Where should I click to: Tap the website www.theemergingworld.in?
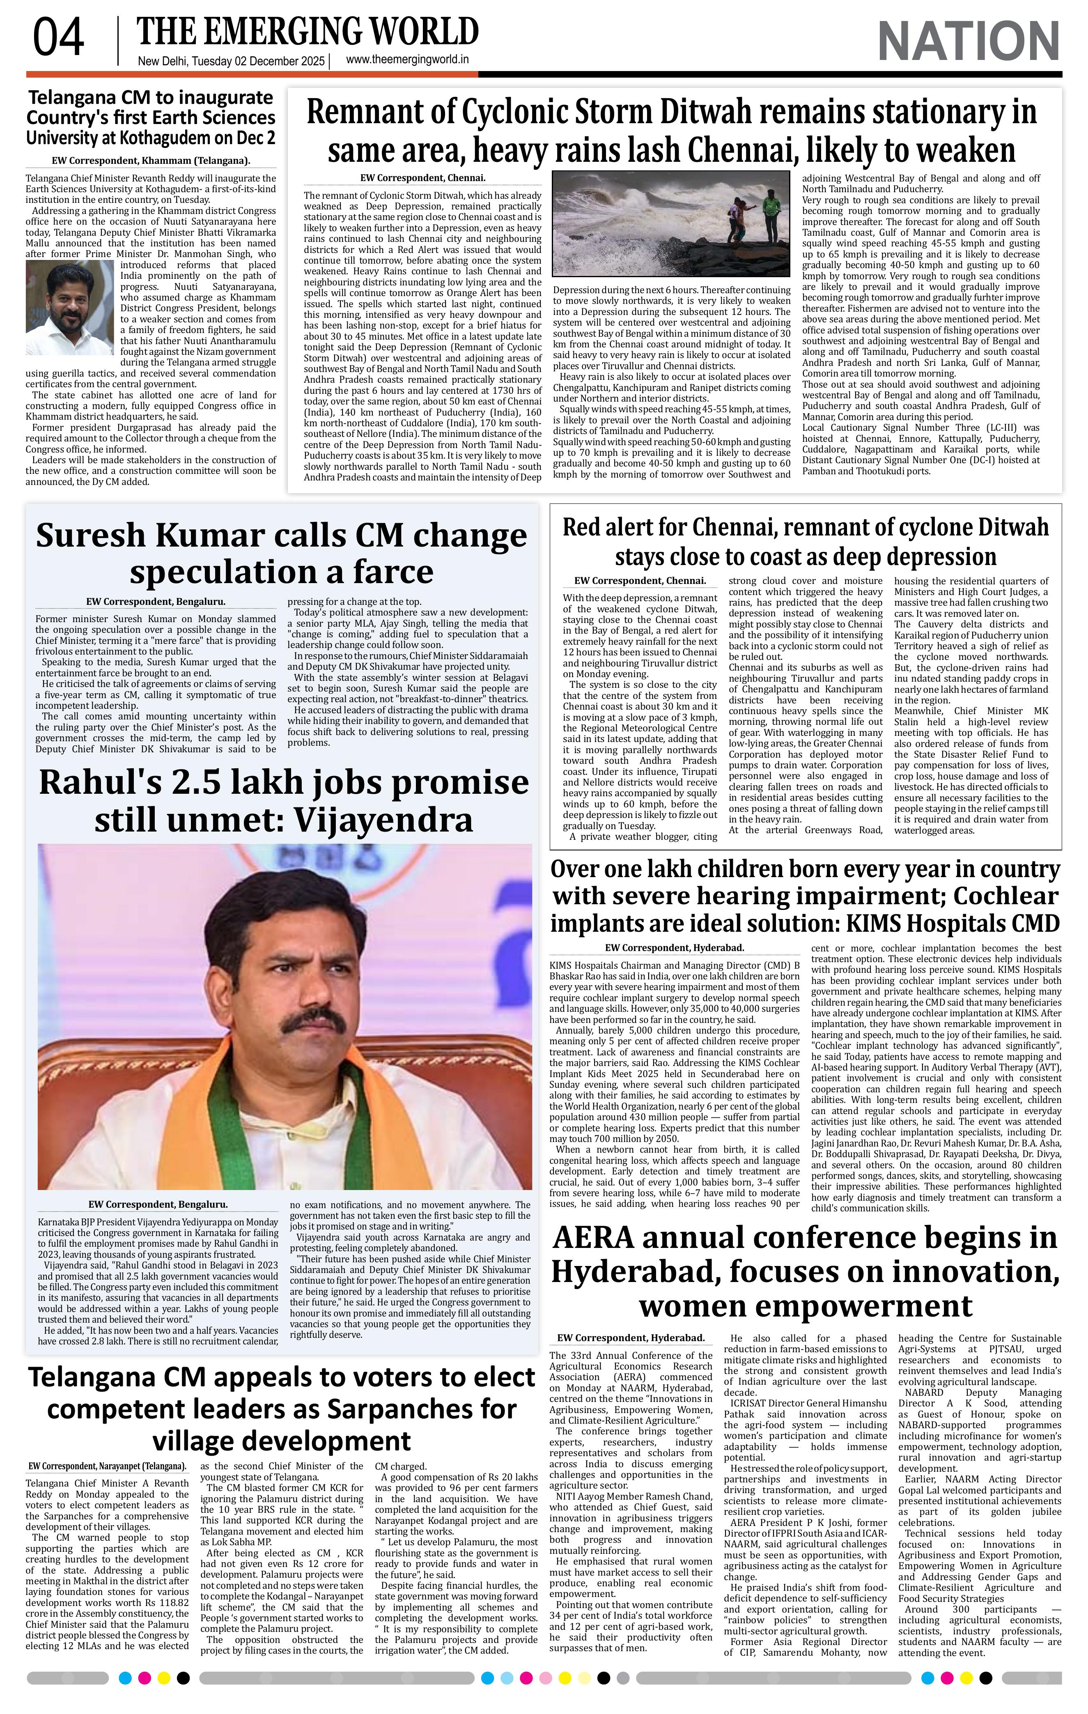point(407,60)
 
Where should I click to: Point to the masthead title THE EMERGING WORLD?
point(308,32)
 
